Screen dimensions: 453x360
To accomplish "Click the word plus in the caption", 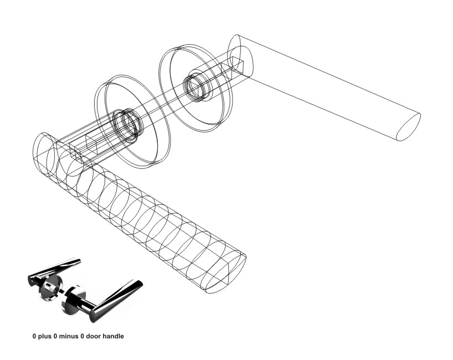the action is point(44,337).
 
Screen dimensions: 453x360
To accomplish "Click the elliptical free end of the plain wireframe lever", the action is point(409,127).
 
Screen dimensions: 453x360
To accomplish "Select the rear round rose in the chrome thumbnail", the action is point(51,287).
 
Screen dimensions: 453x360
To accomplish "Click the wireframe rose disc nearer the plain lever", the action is point(196,88).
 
